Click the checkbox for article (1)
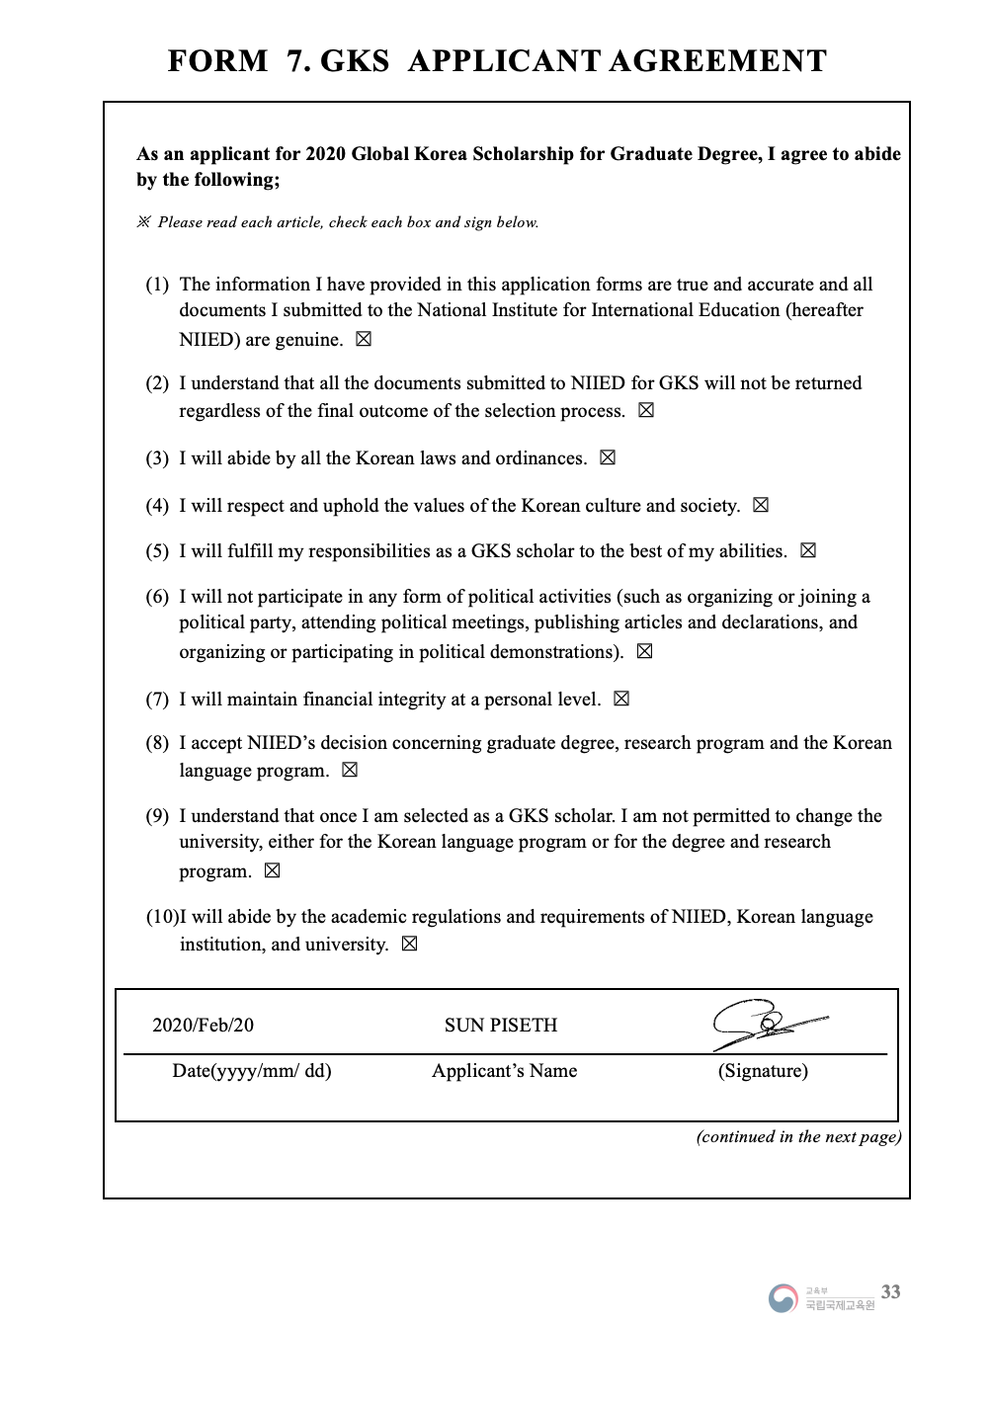pyautogui.click(x=364, y=340)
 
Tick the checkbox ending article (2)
pyautogui.click(x=646, y=411)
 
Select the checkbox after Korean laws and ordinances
pyautogui.click(x=608, y=458)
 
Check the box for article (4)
pyautogui.click(x=761, y=506)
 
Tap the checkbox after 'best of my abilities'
pyautogui.click(x=808, y=551)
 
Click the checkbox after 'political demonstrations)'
pyautogui.click(x=645, y=652)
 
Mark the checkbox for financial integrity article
pyautogui.click(x=621, y=700)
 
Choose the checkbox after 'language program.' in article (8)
pyautogui.click(x=349, y=771)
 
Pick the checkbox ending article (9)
pyautogui.click(x=273, y=871)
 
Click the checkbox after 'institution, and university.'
pyautogui.click(x=409, y=945)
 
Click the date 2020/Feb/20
pyautogui.click(x=203, y=1026)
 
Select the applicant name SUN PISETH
pyautogui.click(x=501, y=1026)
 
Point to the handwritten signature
pyautogui.click(x=767, y=1024)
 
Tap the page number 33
pyautogui.click(x=890, y=1292)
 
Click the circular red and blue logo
pyautogui.click(x=783, y=1298)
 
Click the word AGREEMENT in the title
pyautogui.click(x=717, y=61)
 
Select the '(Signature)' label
pyautogui.click(x=763, y=1071)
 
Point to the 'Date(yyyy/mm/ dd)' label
pyautogui.click(x=252, y=1071)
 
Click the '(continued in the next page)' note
pyautogui.click(x=798, y=1137)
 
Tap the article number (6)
pyautogui.click(x=157, y=597)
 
